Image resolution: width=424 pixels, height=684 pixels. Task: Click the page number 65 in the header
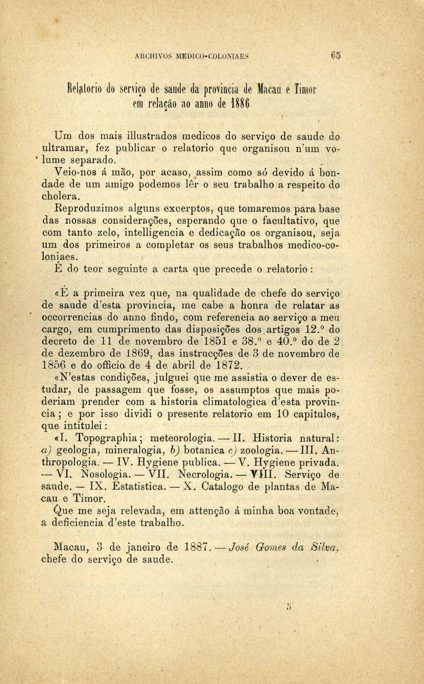coord(335,56)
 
